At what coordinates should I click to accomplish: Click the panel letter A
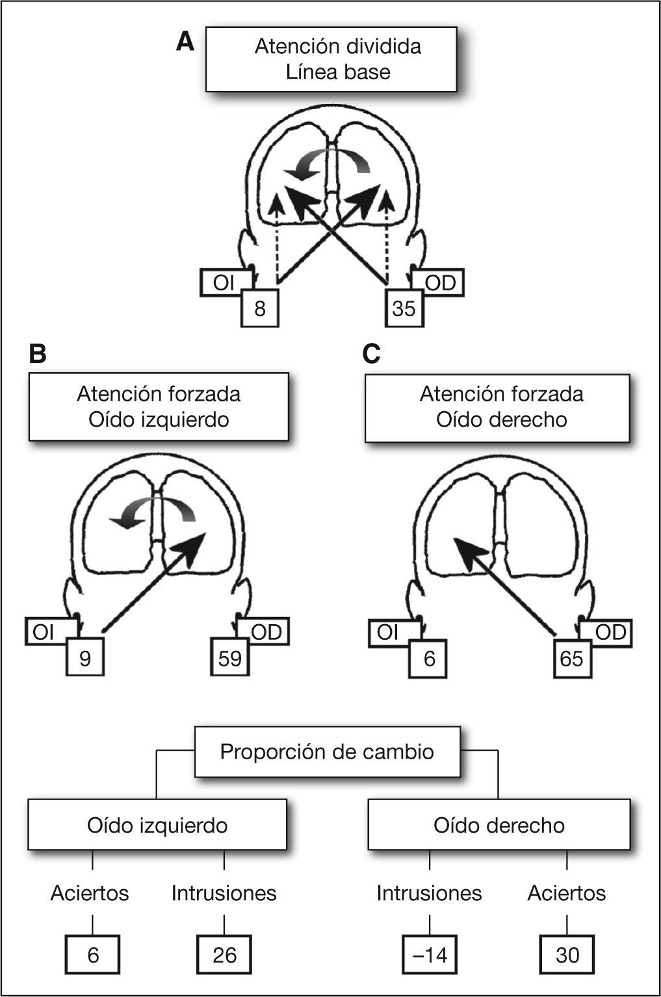pyautogui.click(x=185, y=43)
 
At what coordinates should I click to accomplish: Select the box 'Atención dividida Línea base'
pyautogui.click(x=331, y=59)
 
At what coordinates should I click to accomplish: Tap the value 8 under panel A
pyautogui.click(x=260, y=308)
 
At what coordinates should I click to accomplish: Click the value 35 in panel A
pyautogui.click(x=404, y=308)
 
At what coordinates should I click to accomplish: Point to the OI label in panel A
pyautogui.click(x=224, y=283)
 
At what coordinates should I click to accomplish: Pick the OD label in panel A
pyautogui.click(x=440, y=283)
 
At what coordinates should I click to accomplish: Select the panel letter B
pyautogui.click(x=38, y=355)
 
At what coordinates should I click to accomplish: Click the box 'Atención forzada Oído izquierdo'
pyautogui.click(x=159, y=407)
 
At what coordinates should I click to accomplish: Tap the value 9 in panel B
pyautogui.click(x=85, y=658)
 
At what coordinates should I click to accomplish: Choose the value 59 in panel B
pyautogui.click(x=230, y=658)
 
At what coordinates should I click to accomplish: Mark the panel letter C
pyautogui.click(x=371, y=355)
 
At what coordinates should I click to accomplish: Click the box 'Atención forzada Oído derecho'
pyautogui.click(x=497, y=407)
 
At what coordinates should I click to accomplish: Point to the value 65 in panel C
pyautogui.click(x=572, y=658)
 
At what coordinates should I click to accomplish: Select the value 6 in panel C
pyautogui.click(x=429, y=658)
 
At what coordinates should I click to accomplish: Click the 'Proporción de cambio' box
pyautogui.click(x=328, y=751)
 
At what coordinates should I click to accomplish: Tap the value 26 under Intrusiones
pyautogui.click(x=224, y=955)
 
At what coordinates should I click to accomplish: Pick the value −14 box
pyautogui.click(x=430, y=955)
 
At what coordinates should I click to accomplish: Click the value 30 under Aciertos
pyautogui.click(x=567, y=955)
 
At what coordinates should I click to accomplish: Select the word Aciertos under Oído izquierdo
pyautogui.click(x=90, y=893)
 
